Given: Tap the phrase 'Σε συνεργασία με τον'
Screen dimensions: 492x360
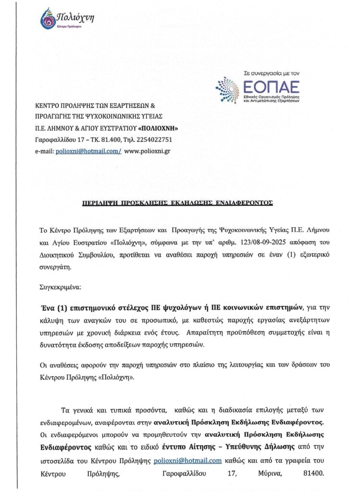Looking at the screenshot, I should tap(272, 74).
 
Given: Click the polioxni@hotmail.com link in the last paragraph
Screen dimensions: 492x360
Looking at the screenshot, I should tap(188, 460).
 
